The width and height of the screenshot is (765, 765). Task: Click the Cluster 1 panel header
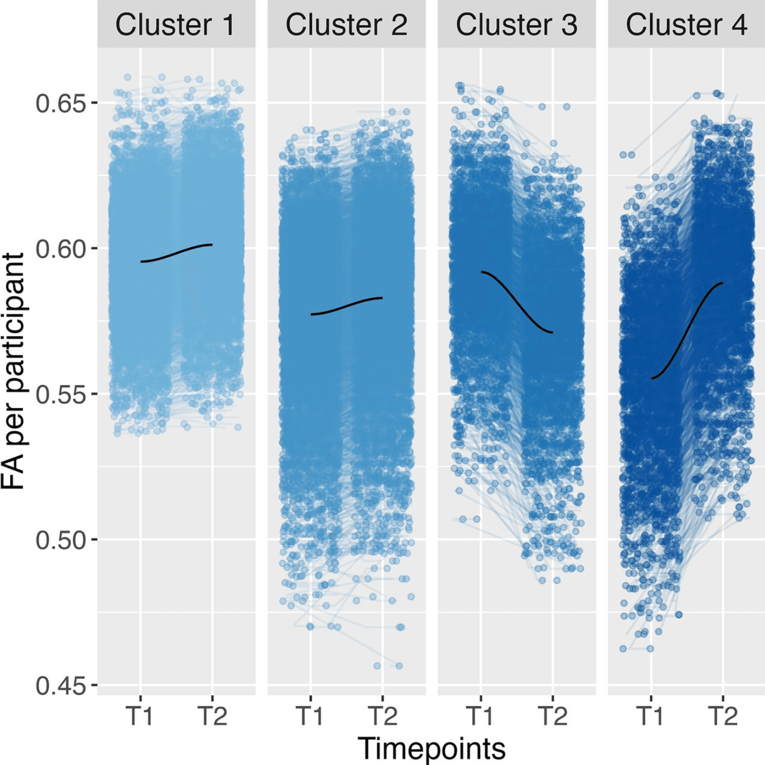(176, 24)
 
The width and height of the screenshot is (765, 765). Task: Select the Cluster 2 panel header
(346, 24)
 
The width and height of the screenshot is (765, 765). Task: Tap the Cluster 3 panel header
(516, 24)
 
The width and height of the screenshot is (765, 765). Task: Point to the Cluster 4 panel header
(686, 24)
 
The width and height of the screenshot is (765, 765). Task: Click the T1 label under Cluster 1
(140, 716)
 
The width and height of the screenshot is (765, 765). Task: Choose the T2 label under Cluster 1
(212, 716)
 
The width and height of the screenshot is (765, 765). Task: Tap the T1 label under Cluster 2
(310, 716)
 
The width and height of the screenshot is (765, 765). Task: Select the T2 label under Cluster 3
(553, 716)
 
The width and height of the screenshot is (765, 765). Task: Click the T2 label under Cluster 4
(723, 716)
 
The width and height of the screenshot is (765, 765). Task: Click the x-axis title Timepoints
(431, 749)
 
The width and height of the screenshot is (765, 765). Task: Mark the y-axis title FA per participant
(14, 371)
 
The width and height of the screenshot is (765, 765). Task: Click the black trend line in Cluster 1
(176, 252)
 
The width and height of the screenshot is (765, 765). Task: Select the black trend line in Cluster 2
(347, 306)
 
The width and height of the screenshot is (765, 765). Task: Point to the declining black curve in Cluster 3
(517, 302)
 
